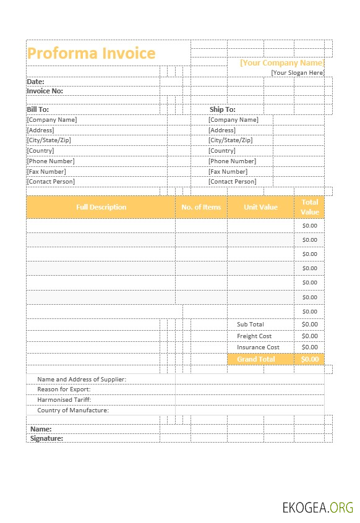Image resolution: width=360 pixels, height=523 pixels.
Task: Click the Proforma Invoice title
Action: coord(92,53)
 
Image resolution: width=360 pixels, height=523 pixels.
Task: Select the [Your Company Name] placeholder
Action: coord(281,62)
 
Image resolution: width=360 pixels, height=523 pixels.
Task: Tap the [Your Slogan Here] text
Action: coord(298,72)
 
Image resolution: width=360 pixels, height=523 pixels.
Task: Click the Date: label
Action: coord(35,81)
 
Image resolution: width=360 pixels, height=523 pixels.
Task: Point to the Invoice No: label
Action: coord(45,91)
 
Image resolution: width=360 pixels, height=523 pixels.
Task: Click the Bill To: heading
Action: coord(38,109)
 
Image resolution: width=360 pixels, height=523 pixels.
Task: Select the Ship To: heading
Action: coord(222,109)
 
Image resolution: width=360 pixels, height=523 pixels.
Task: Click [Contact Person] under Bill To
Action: coord(51,182)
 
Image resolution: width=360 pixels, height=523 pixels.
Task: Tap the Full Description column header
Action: coord(101,207)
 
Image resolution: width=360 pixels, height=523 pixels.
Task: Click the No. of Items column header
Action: coord(201,207)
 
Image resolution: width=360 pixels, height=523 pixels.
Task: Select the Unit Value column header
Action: coord(260,207)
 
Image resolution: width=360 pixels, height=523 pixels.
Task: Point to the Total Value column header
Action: coord(309,207)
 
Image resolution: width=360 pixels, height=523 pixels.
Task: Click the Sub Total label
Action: coord(250,324)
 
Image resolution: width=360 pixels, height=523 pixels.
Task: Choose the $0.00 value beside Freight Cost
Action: coord(309,336)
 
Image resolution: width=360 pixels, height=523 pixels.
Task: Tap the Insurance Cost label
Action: coord(258,347)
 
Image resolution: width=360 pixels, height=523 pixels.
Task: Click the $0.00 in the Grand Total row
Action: coord(309,359)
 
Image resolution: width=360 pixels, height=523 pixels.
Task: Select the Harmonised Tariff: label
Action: coord(64,399)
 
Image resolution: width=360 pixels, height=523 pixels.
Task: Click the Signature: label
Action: coord(46,438)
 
